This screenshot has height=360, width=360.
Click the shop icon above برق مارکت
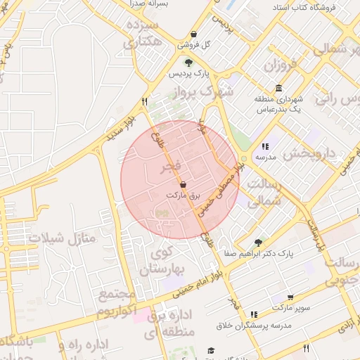tap(183, 184)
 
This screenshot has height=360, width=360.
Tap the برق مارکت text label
tap(183, 194)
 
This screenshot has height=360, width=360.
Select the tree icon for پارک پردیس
tap(188, 62)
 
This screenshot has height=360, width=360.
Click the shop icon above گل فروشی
tap(193, 34)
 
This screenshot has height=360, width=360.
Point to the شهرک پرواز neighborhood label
tap(205, 92)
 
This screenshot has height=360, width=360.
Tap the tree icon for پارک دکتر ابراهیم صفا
tap(259, 242)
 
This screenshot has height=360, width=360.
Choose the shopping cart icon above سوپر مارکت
tap(290, 298)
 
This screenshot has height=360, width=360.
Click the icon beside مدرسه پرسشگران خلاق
tap(254, 314)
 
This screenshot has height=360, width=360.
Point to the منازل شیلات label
tap(61, 238)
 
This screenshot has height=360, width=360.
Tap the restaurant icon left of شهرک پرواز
tap(145, 101)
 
